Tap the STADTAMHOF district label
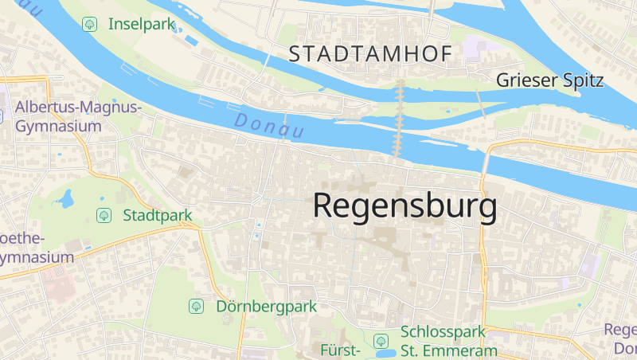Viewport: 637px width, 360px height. tap(370, 54)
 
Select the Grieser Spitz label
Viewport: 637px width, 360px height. tap(549, 80)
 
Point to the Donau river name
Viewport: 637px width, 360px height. tap(270, 123)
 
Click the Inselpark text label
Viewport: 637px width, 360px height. tap(141, 24)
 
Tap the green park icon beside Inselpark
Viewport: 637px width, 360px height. tap(89, 24)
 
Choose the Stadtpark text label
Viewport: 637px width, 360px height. tap(157, 215)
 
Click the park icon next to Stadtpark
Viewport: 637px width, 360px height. tap(104, 215)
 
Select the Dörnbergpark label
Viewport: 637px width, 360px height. tap(266, 306)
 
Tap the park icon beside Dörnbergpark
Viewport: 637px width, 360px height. tap(196, 306)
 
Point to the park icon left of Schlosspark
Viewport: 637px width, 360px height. tap(382, 339)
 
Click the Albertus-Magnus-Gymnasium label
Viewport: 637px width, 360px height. tap(78, 116)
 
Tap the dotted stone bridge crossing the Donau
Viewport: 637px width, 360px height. tap(400, 119)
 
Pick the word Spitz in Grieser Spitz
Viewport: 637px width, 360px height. tap(583, 80)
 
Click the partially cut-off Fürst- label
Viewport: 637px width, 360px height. tap(341, 350)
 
